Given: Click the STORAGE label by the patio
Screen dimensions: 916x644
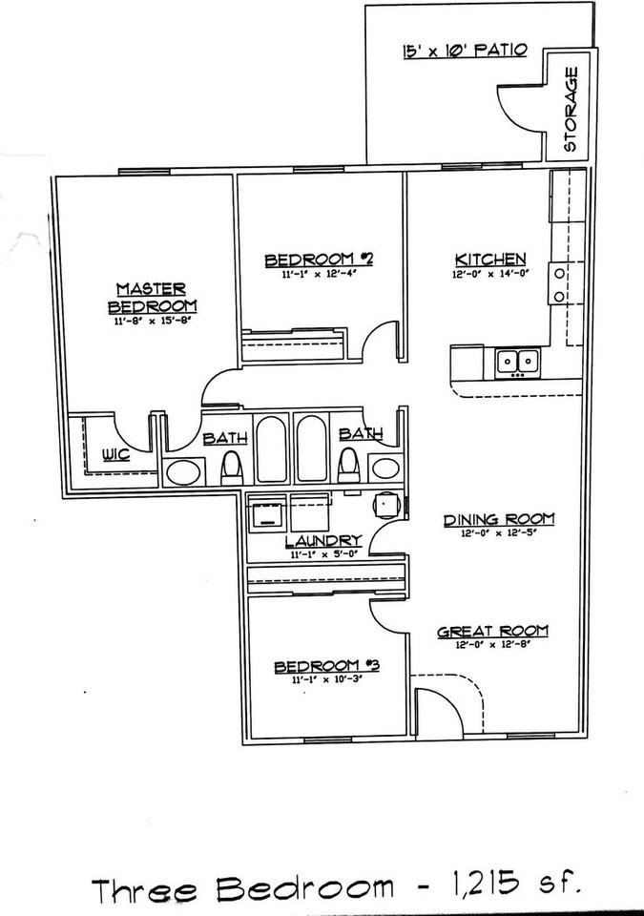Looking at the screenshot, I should (571, 122).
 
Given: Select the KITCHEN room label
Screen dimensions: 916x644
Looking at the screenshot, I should (489, 259).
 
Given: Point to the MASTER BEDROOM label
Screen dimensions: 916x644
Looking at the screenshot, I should (153, 297).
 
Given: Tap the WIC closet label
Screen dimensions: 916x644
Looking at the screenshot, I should (116, 454).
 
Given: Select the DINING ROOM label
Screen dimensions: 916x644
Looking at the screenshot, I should (498, 519).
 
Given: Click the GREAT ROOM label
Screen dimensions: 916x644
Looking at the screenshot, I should (492, 630).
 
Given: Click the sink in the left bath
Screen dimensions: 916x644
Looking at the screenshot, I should (183, 470).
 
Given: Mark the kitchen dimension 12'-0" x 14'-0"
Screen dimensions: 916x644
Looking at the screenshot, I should (489, 275).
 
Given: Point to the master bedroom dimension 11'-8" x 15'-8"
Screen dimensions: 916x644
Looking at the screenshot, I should (153, 323).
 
